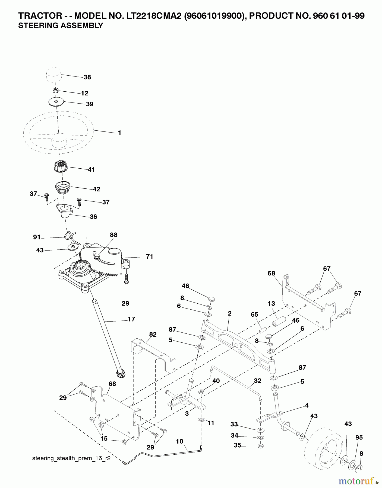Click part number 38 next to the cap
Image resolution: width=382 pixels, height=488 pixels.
(x=87, y=77)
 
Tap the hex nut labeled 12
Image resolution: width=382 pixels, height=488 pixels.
(x=55, y=90)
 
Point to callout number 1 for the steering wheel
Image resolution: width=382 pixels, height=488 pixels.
(x=119, y=133)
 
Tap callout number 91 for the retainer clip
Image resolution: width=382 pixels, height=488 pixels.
(x=36, y=237)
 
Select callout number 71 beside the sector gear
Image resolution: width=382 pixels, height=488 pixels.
(x=150, y=256)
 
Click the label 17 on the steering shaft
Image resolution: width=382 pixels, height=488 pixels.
(x=131, y=319)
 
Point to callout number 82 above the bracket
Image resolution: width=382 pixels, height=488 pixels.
(x=153, y=335)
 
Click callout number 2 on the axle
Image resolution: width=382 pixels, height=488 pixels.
(x=230, y=314)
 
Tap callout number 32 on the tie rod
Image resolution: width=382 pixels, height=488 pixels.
(x=257, y=381)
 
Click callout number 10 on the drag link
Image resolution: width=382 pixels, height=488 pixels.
(x=179, y=441)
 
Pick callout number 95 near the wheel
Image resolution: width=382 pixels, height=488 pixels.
(x=359, y=438)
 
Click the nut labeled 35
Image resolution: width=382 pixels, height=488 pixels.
(x=260, y=446)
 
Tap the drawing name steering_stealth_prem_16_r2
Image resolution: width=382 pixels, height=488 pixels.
(x=71, y=459)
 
